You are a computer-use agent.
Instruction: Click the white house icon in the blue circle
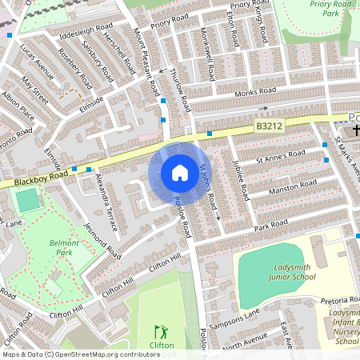tap(180, 173)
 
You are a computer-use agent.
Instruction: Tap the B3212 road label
tap(270, 126)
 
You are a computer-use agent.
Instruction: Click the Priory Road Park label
tap(329, 8)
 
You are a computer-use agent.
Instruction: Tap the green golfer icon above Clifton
tap(162, 330)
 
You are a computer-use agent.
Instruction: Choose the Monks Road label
tap(234, 94)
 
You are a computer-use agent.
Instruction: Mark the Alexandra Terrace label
tap(106, 201)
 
